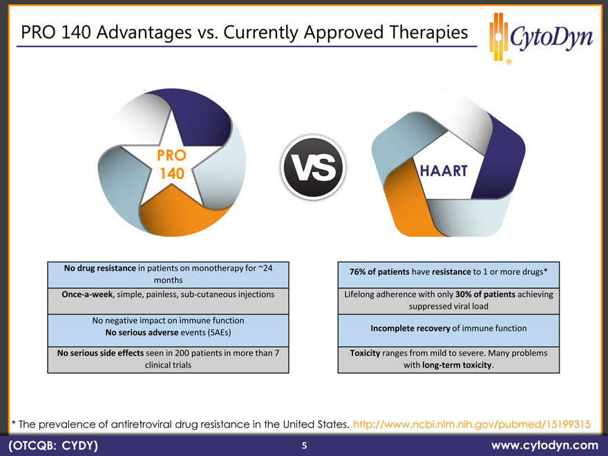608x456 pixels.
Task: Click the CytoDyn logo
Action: coord(541,37)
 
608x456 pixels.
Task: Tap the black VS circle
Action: coord(313,167)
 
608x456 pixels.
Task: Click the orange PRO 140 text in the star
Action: coord(172,164)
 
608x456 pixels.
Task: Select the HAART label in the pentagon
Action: coord(444,171)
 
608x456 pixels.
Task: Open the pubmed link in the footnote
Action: coord(471,424)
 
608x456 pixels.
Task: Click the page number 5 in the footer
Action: coord(305,446)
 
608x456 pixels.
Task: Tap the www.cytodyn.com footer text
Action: coord(544,445)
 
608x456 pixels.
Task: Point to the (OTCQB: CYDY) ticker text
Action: coord(53,446)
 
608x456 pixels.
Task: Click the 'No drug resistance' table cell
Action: coord(168,274)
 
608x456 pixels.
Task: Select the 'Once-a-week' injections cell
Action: coord(168,301)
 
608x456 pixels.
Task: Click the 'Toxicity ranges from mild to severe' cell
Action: coord(448,360)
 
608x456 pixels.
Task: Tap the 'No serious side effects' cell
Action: coord(168,360)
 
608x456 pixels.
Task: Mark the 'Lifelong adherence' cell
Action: coord(448,301)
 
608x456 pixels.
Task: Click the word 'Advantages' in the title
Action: coord(144,32)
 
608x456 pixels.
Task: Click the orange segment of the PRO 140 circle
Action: coord(182,213)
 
